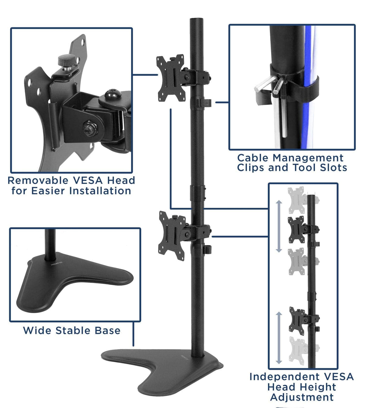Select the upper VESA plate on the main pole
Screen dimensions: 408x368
point(171,78)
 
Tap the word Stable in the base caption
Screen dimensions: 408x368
point(73,330)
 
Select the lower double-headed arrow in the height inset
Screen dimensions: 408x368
point(279,337)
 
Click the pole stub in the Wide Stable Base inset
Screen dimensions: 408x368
point(50,244)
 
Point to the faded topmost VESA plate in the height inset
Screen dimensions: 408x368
point(296,200)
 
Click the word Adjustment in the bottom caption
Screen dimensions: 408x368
point(302,397)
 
